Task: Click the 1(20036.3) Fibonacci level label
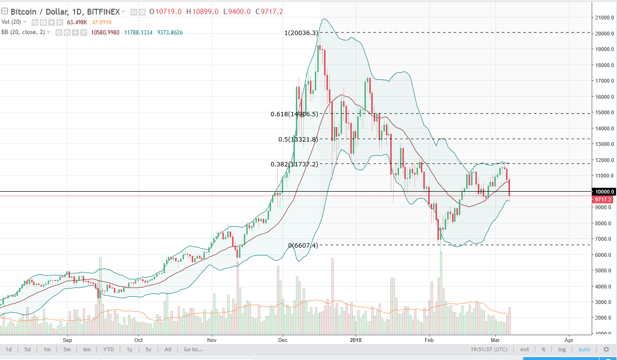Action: point(301,33)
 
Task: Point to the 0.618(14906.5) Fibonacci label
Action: point(294,114)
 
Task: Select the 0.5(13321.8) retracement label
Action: point(298,139)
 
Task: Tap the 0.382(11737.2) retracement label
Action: point(294,164)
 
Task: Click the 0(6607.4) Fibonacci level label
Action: point(303,245)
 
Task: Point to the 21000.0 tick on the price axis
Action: point(603,18)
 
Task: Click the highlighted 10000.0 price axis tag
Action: point(604,192)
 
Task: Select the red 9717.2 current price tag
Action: point(604,199)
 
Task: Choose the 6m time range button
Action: point(87,349)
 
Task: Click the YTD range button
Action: point(108,349)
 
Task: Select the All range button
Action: point(167,349)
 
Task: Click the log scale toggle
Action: point(562,349)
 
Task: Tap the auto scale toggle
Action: point(584,349)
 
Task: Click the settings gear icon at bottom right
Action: point(606,349)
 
